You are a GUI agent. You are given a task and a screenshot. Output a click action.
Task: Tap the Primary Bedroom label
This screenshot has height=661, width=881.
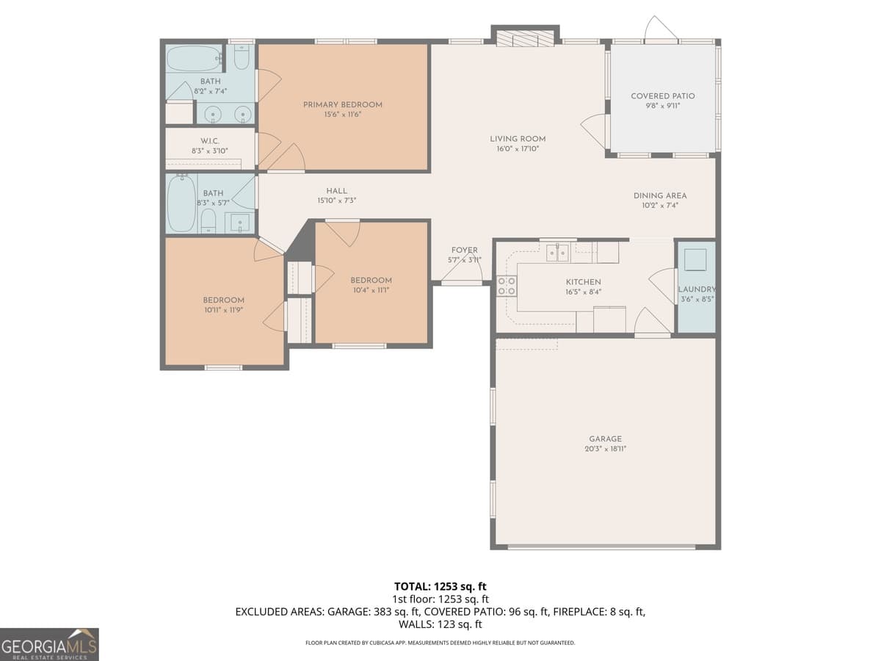tap(343, 105)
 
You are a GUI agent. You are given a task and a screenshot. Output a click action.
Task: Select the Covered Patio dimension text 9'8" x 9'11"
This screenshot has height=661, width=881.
tap(662, 106)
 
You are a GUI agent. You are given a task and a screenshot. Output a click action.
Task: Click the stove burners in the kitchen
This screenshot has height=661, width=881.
tap(507, 286)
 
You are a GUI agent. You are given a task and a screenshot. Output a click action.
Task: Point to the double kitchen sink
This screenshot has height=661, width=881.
tap(557, 253)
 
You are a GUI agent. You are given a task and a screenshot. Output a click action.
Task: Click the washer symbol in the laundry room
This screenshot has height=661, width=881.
tap(695, 260)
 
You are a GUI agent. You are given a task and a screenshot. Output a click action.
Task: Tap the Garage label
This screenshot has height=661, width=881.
tap(605, 438)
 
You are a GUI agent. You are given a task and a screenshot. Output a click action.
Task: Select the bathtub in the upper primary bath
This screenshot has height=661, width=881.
tap(194, 58)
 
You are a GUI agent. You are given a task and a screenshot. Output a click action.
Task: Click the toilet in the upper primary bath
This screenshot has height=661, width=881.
tap(242, 57)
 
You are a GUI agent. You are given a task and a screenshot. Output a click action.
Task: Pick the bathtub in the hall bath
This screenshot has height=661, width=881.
tap(181, 203)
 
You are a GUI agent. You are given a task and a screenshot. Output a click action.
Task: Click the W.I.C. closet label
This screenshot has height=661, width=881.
tap(210, 140)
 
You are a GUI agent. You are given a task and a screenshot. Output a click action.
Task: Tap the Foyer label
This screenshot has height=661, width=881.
tap(464, 250)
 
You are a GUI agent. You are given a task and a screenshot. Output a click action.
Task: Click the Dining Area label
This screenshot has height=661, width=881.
tap(660, 195)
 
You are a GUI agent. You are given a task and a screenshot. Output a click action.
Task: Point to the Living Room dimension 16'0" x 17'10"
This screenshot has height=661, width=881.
tap(518, 149)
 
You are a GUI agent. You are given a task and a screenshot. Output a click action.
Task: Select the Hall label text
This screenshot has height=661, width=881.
tap(337, 191)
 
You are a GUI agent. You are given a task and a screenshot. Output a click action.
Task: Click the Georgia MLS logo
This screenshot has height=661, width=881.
tap(49, 644)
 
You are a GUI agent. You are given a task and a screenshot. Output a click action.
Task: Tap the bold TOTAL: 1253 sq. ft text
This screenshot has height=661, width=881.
tap(440, 586)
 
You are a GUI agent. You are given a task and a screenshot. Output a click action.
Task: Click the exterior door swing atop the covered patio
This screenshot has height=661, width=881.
tap(660, 29)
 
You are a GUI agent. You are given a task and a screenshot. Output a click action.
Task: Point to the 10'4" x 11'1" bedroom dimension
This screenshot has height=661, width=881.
tap(371, 290)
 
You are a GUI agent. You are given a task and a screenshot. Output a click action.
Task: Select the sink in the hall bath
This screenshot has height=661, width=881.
tap(239, 222)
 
